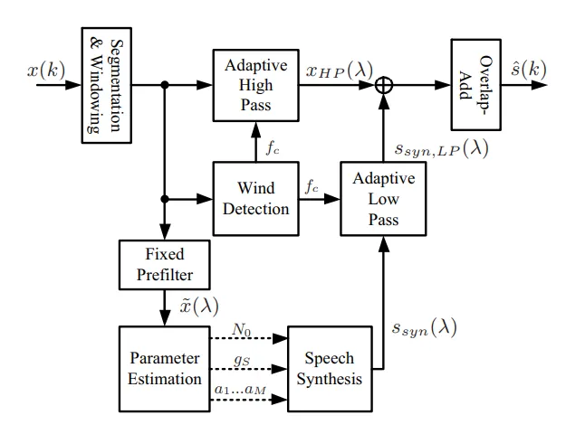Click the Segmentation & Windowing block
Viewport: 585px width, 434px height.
[106, 85]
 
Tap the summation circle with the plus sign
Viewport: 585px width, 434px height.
[384, 85]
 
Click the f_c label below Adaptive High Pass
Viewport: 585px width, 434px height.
[272, 146]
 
